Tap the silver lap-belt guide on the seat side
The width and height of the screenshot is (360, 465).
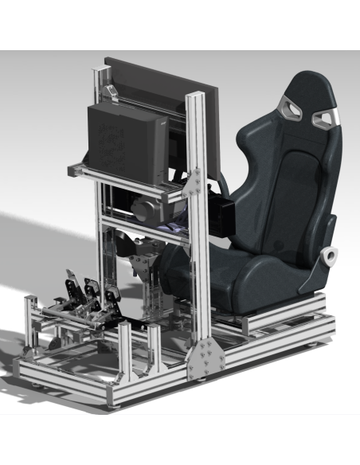pyautogui.click(x=327, y=256)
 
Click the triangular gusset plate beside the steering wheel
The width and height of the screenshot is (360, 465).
pyautogui.click(x=194, y=184)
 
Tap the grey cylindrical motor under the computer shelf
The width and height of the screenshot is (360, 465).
pyautogui.click(x=144, y=210)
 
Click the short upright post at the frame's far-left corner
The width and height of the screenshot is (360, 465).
pyautogui.click(x=31, y=318)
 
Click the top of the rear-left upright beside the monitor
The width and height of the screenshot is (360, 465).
pyautogui.click(x=100, y=72)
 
